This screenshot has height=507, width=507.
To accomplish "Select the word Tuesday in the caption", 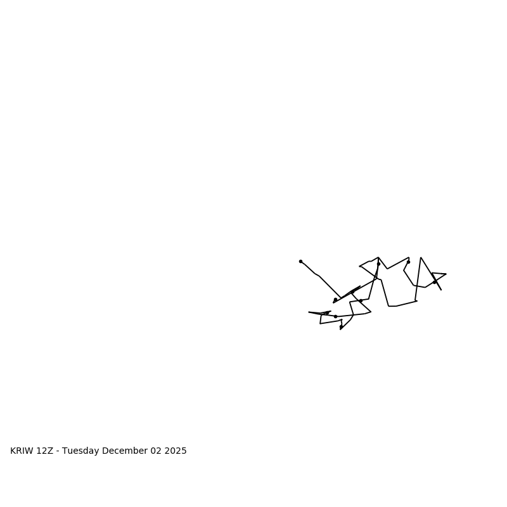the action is [x=80, y=451].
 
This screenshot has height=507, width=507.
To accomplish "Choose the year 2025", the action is [x=177, y=451].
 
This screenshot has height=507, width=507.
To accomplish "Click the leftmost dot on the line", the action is [x=300, y=261].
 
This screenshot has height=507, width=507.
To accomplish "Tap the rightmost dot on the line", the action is [x=435, y=282].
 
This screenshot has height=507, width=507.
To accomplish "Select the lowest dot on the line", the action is [x=341, y=327].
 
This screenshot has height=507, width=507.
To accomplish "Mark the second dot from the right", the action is [x=408, y=262].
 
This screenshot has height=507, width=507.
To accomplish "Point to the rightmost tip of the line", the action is [x=446, y=274].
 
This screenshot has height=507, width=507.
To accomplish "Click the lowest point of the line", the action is [x=340, y=330].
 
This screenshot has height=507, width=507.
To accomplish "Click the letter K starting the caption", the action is [x=13, y=451].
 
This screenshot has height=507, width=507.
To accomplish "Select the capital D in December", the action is [x=105, y=451].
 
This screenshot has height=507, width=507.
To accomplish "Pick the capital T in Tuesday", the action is [x=65, y=451].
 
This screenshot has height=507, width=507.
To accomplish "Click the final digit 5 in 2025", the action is [x=184, y=451].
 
